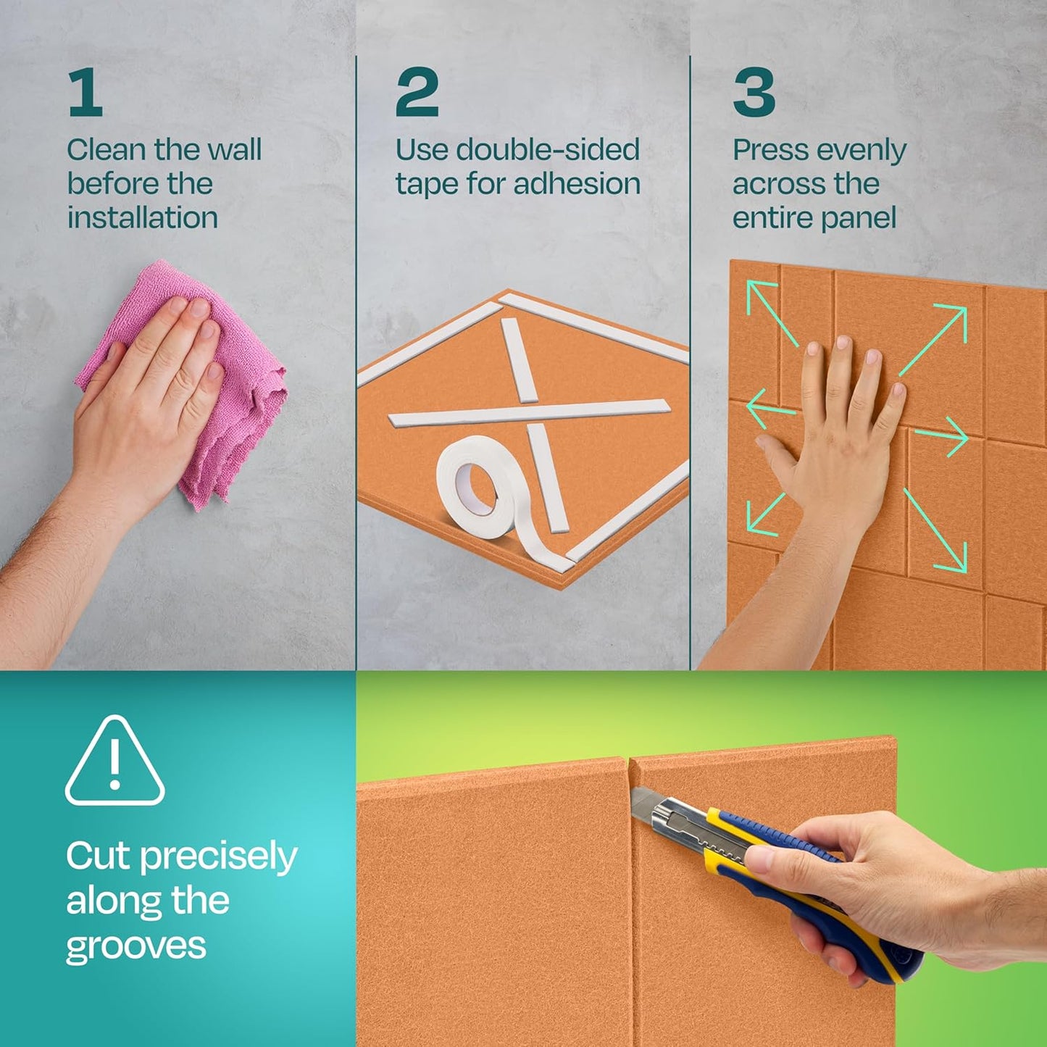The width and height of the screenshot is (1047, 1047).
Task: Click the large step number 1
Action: (85, 92)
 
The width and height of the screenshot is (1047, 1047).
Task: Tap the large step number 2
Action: (417, 92)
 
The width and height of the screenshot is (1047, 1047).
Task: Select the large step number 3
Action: (754, 92)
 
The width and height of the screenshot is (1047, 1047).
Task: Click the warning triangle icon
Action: (114, 763)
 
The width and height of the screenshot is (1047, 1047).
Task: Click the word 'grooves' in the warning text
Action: (135, 946)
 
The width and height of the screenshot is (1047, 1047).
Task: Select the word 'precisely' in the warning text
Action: (218, 858)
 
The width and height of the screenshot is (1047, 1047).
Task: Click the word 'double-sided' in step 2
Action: (548, 150)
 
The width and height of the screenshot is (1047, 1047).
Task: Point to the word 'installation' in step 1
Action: (143, 218)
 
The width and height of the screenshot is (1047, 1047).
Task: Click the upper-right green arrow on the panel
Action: (935, 338)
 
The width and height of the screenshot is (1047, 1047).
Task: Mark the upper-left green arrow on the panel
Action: (771, 313)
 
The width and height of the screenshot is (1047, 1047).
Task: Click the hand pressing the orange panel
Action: (840, 427)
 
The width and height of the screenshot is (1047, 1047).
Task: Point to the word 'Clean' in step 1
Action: (107, 150)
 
